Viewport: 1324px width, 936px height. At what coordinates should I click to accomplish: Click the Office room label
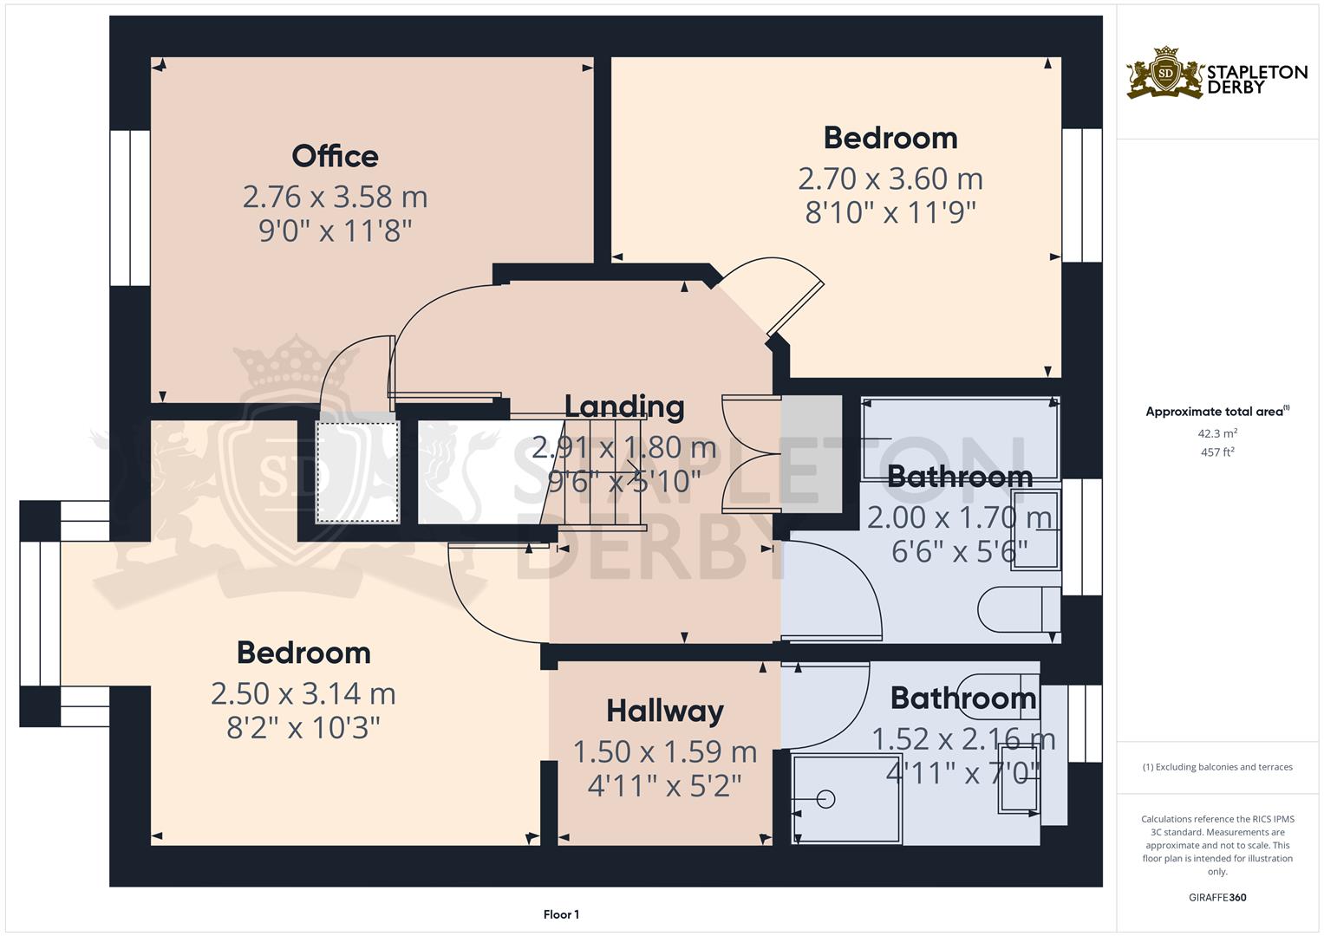[x=335, y=156]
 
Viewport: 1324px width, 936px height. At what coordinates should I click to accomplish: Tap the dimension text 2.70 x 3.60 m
[x=890, y=179]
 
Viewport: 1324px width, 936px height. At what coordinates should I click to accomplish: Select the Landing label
[x=624, y=406]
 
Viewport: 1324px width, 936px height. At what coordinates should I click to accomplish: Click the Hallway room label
[x=664, y=711]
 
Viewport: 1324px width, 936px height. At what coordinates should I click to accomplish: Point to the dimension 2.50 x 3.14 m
[x=303, y=693]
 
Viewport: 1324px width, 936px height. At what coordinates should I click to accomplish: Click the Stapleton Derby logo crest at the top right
[x=1165, y=73]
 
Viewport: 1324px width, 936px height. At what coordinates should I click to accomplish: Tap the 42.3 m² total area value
[x=1216, y=433]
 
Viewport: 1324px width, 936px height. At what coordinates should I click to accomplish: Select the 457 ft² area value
[x=1216, y=452]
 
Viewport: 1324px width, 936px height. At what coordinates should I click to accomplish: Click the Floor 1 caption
[x=561, y=914]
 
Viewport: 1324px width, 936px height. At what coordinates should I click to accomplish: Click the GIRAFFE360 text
[x=1216, y=897]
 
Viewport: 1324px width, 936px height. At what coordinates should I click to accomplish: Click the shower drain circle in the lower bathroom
[x=825, y=799]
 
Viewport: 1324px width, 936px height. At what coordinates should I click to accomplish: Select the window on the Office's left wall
[x=131, y=208]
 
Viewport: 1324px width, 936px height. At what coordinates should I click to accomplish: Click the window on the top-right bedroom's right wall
[x=1082, y=195]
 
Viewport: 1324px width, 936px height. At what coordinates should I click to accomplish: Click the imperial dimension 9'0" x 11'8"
[x=335, y=231]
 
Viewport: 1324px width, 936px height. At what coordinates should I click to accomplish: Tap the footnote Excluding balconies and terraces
[x=1216, y=767]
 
